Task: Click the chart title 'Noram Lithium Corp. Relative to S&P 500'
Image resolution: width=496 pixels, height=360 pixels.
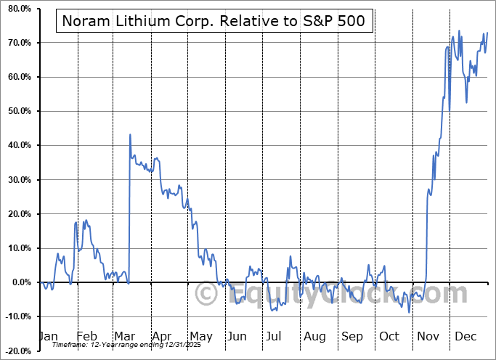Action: (x=215, y=22)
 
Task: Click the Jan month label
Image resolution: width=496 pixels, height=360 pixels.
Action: (x=48, y=336)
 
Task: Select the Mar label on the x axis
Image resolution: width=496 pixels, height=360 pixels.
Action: (x=123, y=336)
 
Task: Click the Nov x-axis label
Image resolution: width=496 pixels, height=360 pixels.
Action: (x=428, y=336)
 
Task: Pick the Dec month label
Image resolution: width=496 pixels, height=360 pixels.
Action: (x=465, y=336)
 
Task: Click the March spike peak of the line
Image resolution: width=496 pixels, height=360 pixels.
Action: (x=130, y=134)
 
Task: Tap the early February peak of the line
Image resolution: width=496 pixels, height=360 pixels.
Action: (x=76, y=221)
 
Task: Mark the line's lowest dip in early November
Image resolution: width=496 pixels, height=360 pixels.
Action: (x=410, y=312)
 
